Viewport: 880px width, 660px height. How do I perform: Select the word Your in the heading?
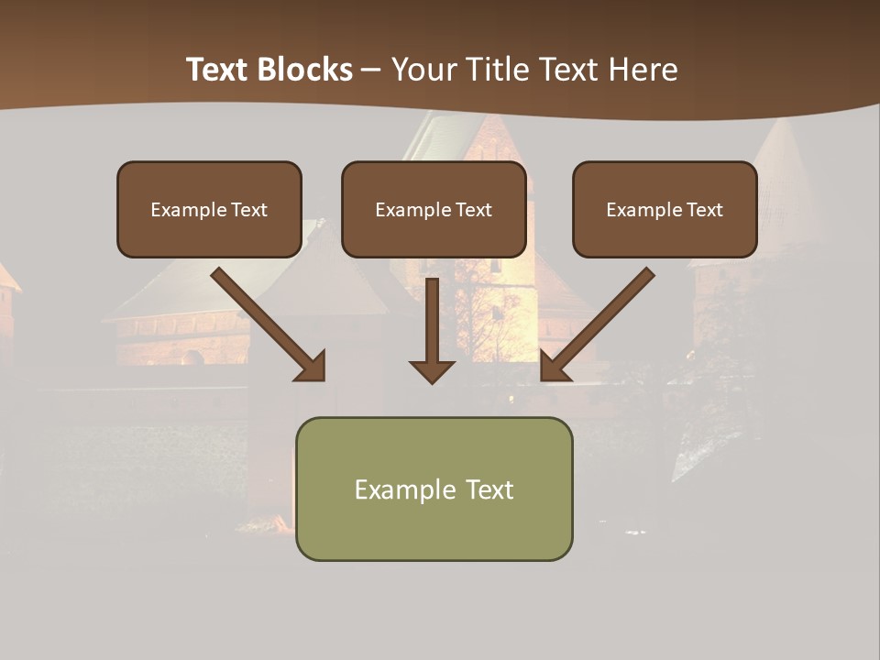425,70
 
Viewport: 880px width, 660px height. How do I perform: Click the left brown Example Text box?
209,209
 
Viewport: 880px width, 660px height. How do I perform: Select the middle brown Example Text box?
434,209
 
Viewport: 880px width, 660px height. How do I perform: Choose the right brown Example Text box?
665,209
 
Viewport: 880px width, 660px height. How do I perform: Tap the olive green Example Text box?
434,489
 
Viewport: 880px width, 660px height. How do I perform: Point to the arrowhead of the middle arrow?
432,370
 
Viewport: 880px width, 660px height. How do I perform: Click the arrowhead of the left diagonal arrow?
312,366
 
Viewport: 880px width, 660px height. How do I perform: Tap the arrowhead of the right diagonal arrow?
554,366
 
